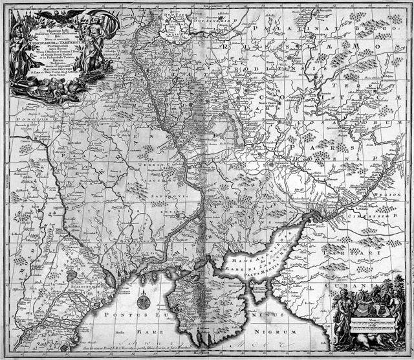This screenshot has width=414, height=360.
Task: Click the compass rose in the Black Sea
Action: click(144, 300)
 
